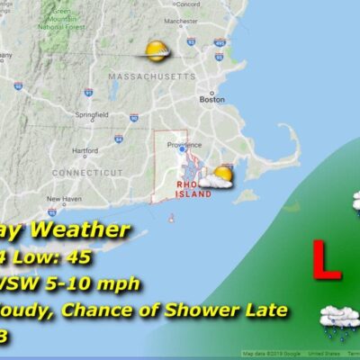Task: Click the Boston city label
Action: point(211,100)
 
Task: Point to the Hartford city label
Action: point(85,150)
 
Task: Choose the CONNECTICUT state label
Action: point(86,172)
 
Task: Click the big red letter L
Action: point(326,259)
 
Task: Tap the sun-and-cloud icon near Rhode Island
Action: point(218,176)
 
